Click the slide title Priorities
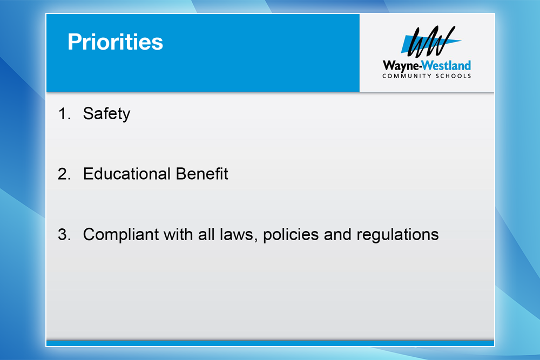coord(115,42)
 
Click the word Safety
coord(106,114)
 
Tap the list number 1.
coord(64,114)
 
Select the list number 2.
coord(64,174)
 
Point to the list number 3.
coord(64,235)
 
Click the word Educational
coord(127,174)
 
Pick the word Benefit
coord(202,174)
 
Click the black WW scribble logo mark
coord(430,42)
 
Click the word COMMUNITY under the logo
coord(407,76)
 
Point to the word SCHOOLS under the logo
coord(453,76)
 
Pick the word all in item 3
coord(206,234)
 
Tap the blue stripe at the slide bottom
coord(270,343)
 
